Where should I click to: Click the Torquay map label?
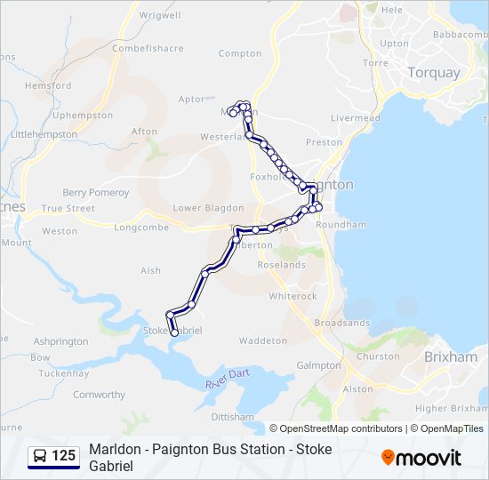pyautogui.click(x=433, y=73)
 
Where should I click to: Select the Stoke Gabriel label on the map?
pyautogui.click(x=173, y=330)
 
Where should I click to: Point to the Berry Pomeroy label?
pyautogui.click(x=95, y=193)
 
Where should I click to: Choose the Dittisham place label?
pyautogui.click(x=234, y=416)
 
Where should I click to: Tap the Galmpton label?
pyautogui.click(x=319, y=365)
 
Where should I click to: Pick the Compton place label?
pyautogui.click(x=240, y=53)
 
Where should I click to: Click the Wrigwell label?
pyautogui.click(x=159, y=15)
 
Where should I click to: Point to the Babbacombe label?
pyautogui.click(x=461, y=34)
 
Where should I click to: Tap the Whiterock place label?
pyautogui.click(x=293, y=296)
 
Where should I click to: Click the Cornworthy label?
pyautogui.click(x=99, y=394)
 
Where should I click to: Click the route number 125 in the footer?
pyautogui.click(x=63, y=456)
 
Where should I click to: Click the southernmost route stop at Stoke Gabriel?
pyautogui.click(x=174, y=333)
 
